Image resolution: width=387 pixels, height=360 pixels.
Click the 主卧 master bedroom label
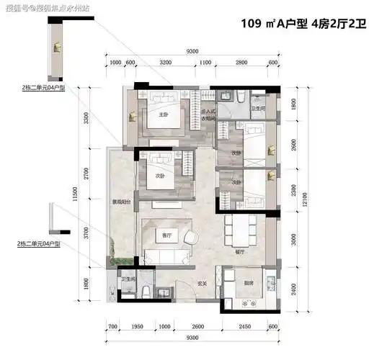(x=163, y=113)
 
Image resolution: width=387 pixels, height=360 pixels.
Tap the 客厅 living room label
(x=166, y=235)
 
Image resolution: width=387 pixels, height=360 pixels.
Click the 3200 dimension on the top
(x=166, y=63)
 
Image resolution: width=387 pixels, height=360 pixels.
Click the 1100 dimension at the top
(x=205, y=63)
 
